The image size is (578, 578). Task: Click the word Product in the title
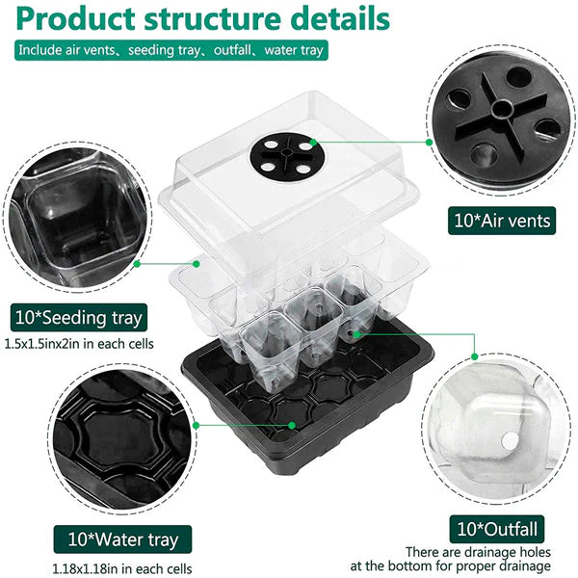[75, 18]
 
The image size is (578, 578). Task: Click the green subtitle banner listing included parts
[171, 50]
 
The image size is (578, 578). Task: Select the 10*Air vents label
[502, 221]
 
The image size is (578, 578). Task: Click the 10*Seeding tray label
[79, 317]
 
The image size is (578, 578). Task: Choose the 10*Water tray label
[122, 539]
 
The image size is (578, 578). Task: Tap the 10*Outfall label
[496, 529]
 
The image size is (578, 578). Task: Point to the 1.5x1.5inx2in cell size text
[79, 344]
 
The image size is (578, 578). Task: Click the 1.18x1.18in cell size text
[122, 568]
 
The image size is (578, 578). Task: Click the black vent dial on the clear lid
[287, 155]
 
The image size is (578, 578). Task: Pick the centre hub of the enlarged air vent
[501, 109]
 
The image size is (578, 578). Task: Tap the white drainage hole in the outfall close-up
[511, 441]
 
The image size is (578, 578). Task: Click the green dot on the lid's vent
[313, 142]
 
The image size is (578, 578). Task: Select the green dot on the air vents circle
[429, 142]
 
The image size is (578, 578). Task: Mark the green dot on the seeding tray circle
[137, 264]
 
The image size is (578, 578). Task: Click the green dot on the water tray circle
[197, 426]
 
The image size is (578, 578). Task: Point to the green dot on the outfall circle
[475, 356]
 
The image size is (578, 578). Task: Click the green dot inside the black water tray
[292, 426]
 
